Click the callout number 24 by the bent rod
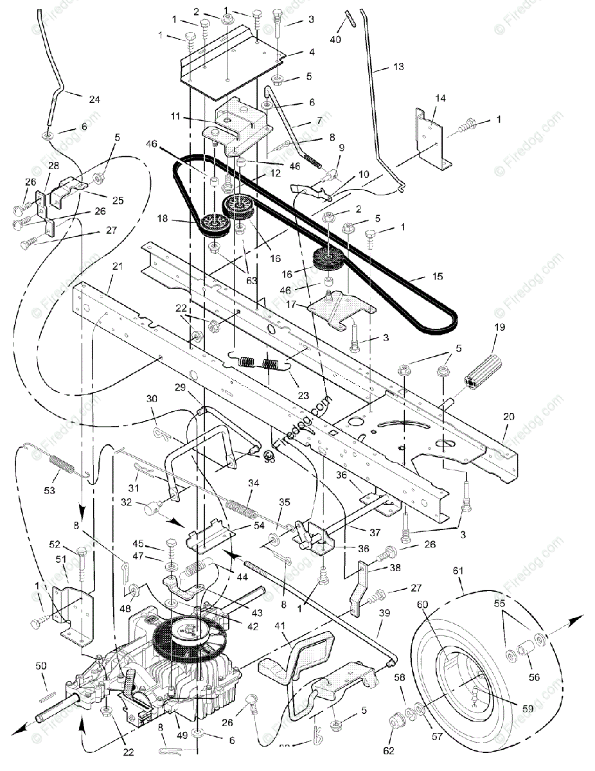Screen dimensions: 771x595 [x=94, y=100]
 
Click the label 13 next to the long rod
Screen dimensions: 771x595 [x=398, y=66]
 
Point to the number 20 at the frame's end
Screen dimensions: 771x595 [x=509, y=416]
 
